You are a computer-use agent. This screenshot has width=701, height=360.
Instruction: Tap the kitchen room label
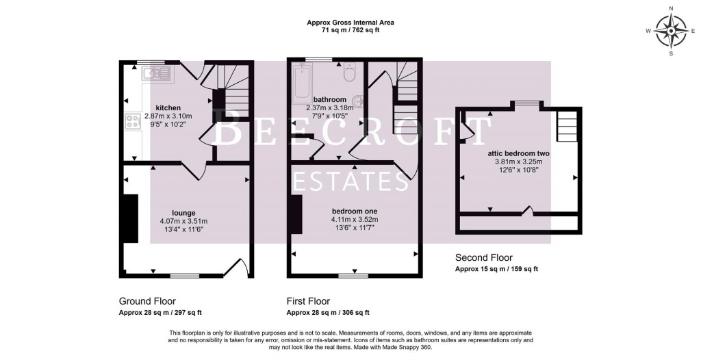point(168,108)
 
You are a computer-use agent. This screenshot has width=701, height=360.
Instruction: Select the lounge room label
point(183,213)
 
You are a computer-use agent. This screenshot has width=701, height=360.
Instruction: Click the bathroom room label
point(329,99)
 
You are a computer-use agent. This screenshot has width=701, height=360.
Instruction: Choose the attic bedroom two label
point(518,153)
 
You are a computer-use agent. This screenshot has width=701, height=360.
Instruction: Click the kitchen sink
point(157,72)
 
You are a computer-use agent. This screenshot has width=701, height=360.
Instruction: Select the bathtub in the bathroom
point(302,83)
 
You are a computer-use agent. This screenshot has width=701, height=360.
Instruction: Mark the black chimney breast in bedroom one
point(296,214)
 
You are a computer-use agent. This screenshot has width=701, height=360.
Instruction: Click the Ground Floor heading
point(147,301)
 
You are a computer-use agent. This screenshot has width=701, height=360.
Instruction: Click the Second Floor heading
point(483,258)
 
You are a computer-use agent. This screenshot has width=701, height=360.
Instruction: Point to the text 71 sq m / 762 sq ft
point(350,31)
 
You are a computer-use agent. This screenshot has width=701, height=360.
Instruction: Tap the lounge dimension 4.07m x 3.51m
point(183,221)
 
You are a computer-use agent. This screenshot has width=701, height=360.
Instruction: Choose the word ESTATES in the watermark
point(350,181)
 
